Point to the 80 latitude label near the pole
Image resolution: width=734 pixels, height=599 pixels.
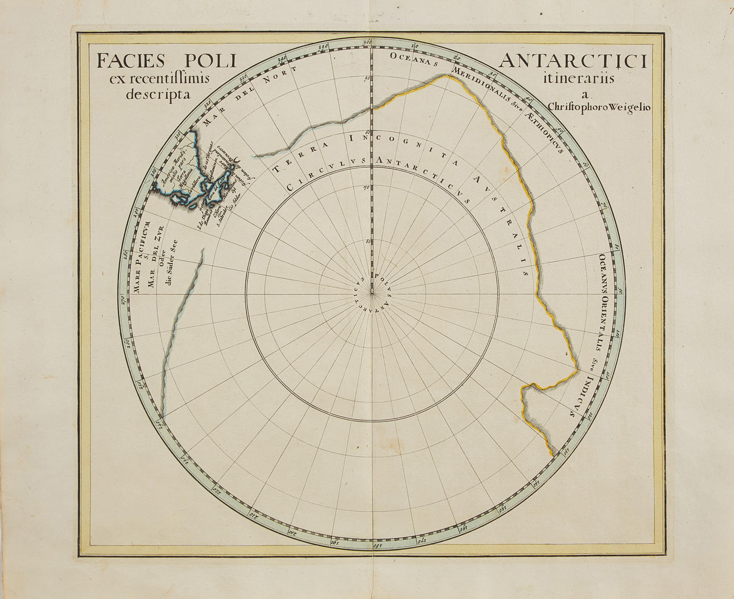367,241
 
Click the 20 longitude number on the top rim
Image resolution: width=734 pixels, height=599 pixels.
457,57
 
